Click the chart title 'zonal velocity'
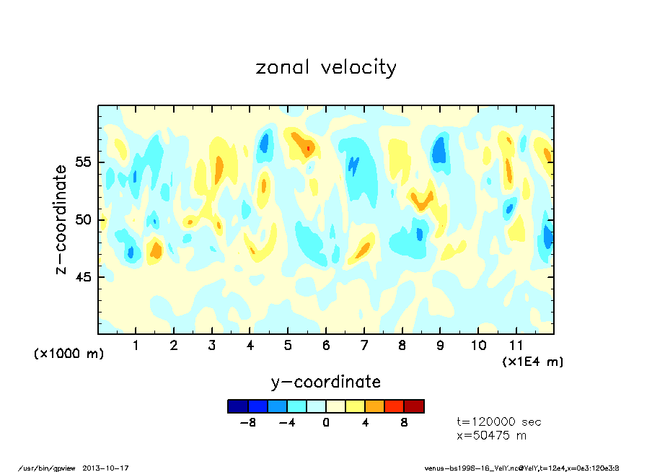pos(326,68)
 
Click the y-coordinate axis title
pos(326,382)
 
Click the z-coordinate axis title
pos(61,219)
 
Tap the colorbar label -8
pos(249,423)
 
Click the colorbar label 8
pos(405,423)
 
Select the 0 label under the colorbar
pos(326,423)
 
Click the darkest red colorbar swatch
pos(414,406)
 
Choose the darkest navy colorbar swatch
pos(237,406)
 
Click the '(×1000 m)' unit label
pos(69,354)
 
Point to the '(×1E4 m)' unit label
pos(532,361)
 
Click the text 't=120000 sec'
pos(499,422)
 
